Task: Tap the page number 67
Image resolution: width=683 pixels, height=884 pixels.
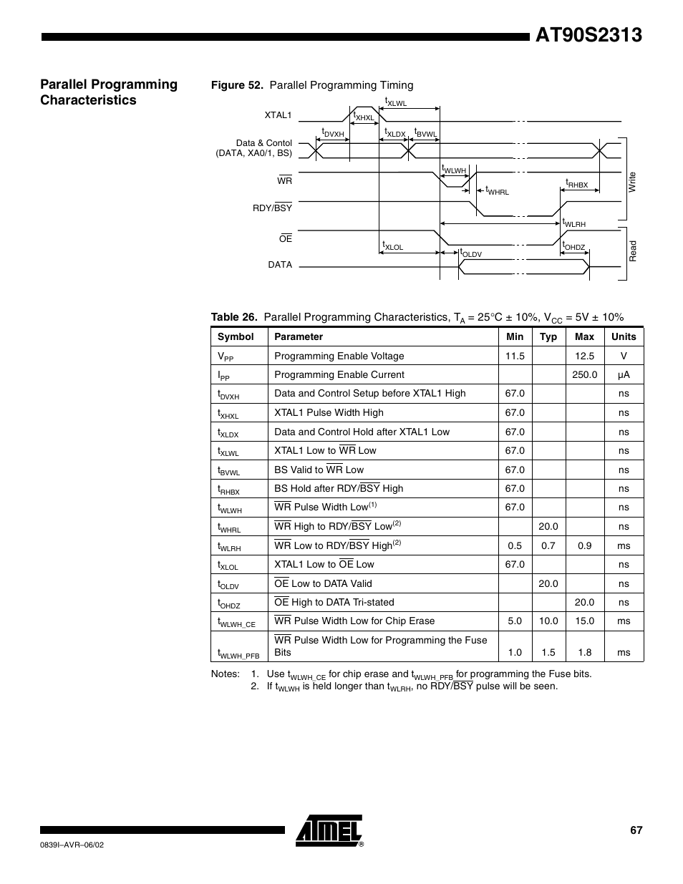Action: point(636,830)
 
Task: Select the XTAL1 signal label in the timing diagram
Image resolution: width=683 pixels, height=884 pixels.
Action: point(278,115)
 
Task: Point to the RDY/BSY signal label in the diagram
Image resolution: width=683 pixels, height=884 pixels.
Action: point(272,208)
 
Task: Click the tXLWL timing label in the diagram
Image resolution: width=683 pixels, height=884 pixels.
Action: point(395,102)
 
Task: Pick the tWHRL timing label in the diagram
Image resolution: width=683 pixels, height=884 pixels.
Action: point(497,190)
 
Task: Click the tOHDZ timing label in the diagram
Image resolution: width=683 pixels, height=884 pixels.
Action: point(573,246)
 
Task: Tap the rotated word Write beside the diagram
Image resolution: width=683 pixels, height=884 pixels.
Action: point(632,182)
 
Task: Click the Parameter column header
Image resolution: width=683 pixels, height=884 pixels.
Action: point(299,337)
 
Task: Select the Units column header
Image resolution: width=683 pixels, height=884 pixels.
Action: point(624,337)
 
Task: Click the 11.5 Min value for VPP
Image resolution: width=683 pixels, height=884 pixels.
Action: point(515,356)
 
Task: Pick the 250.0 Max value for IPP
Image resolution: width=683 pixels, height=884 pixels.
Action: point(584,375)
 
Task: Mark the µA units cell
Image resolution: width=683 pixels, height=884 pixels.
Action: point(624,375)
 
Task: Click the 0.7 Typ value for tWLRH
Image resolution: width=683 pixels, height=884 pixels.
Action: point(548,545)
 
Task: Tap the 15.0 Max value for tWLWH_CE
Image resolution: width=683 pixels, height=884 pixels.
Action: point(584,621)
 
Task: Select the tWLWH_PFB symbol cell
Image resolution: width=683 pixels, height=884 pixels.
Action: point(238,653)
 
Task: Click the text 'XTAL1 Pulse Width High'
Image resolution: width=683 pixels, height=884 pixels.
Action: point(329,413)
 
